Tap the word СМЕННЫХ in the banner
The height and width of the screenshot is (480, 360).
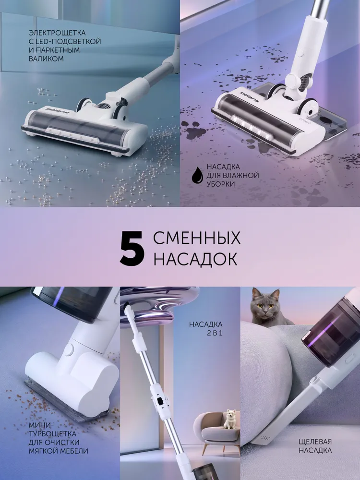point(197,238)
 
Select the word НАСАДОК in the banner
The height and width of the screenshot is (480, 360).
point(195,259)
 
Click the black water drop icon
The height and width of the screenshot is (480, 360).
point(197,175)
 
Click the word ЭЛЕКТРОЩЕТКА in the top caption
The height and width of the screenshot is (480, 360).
point(57,33)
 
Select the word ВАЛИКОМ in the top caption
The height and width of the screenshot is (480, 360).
point(46,59)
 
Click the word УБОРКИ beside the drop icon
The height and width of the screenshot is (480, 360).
point(220,184)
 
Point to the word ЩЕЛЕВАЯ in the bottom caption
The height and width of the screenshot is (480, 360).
point(315,442)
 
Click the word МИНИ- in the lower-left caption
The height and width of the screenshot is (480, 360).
point(41,425)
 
